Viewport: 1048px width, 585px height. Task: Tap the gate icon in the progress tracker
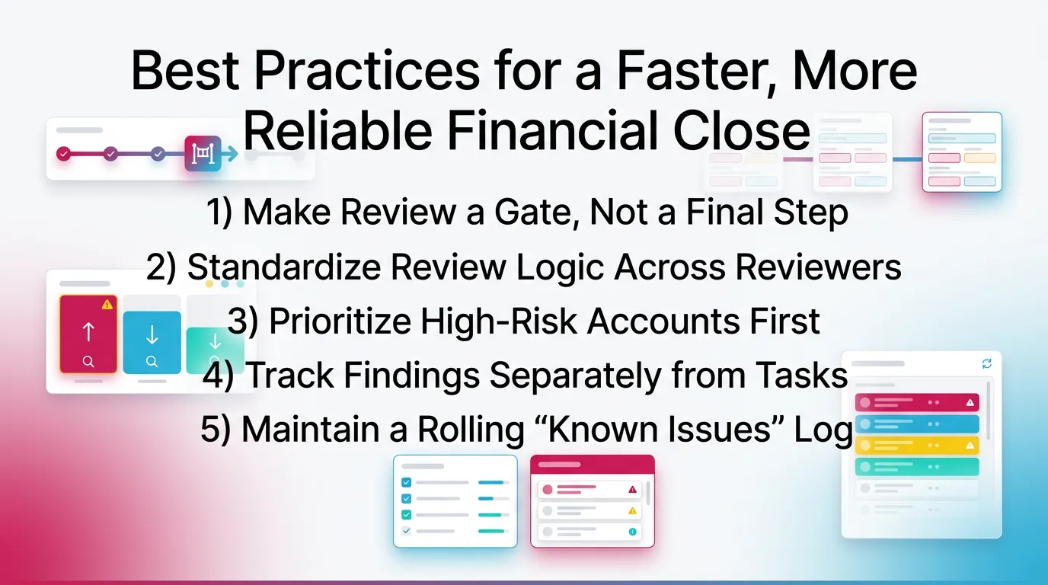tap(203, 154)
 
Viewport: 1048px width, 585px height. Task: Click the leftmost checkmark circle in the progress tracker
tap(63, 154)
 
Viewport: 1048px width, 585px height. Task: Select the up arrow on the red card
tap(88, 332)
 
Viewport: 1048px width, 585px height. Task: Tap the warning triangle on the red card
tap(107, 305)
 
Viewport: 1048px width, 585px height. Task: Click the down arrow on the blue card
tap(152, 334)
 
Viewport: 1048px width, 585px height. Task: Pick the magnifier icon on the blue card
tap(152, 361)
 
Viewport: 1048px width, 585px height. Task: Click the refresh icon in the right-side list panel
tap(987, 364)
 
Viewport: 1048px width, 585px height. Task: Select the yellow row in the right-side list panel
tap(916, 445)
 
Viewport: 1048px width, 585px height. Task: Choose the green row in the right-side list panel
tap(916, 466)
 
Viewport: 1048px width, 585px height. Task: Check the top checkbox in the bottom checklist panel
tap(406, 482)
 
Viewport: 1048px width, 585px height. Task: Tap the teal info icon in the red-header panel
tap(632, 532)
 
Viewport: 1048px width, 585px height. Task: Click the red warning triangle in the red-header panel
tap(632, 489)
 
